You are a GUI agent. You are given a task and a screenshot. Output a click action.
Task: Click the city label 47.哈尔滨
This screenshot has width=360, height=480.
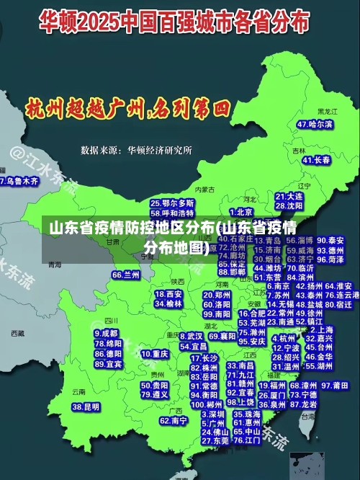point(315,124)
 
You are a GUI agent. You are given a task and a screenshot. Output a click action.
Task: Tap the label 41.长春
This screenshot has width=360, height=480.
point(317,159)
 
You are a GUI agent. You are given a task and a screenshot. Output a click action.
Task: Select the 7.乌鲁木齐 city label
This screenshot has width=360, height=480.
point(19,181)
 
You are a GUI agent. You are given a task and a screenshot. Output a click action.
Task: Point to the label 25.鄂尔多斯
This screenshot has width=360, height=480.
point(173,204)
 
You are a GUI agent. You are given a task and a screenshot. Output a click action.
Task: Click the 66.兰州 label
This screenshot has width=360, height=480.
point(126,275)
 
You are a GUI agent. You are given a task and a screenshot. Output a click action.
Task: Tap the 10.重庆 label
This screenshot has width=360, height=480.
point(155,354)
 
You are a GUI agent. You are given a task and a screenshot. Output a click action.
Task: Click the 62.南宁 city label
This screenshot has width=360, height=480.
point(174,420)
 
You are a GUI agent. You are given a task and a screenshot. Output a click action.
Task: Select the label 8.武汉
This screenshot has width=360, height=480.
point(190,337)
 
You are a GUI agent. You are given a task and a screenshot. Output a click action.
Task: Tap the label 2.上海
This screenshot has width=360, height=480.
point(321,329)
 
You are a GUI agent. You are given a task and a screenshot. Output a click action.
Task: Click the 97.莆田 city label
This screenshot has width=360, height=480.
point(340,386)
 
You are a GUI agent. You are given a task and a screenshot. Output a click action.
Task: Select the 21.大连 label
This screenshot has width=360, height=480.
point(289,195)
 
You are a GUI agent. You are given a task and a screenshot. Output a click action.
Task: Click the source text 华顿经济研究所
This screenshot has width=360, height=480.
point(159,150)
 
